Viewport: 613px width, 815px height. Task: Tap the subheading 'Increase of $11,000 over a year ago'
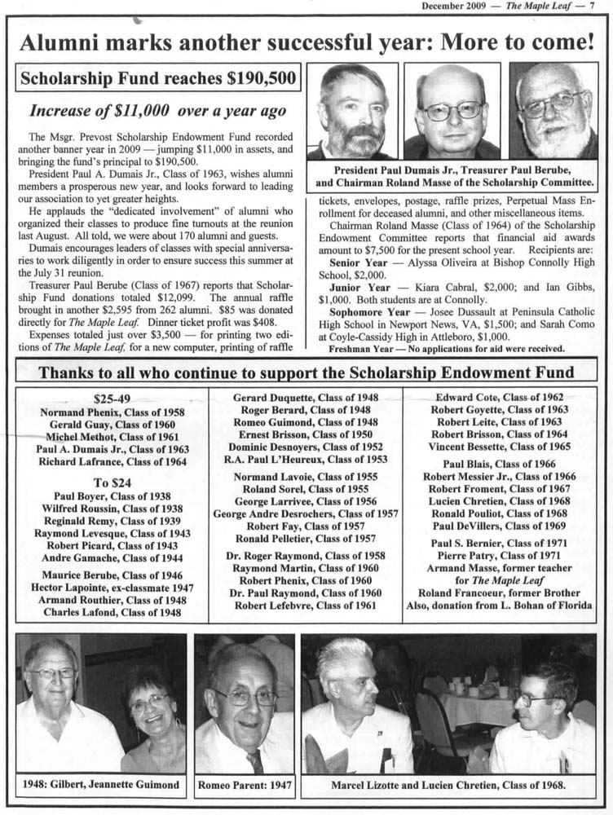tap(158, 110)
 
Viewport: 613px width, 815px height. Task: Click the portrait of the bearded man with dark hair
tap(352, 112)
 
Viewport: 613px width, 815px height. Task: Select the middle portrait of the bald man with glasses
tap(452, 112)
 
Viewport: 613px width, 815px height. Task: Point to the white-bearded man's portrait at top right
tap(553, 111)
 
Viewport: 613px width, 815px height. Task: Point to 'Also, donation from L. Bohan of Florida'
tap(499, 605)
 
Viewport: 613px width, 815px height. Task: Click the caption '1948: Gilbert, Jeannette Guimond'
tap(100, 786)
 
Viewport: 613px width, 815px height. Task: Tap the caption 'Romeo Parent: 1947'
tap(244, 786)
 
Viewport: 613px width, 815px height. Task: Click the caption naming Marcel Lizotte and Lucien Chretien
tap(448, 786)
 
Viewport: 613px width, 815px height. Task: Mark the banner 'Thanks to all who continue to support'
tap(306, 372)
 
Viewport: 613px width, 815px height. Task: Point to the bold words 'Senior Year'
tap(359, 264)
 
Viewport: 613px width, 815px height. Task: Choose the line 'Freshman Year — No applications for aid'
tap(446, 348)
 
